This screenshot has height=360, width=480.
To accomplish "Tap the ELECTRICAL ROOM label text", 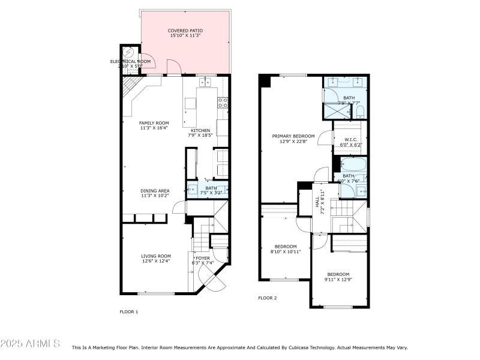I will point(130,61).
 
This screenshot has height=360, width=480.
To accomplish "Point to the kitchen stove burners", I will point(223,103).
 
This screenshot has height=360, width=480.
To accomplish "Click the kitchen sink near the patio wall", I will point(208,83).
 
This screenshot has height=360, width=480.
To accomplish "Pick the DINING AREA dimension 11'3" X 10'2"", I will point(154,196).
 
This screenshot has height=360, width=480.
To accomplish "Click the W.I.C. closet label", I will point(351,139).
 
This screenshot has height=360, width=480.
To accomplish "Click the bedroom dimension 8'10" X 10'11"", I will point(286,251).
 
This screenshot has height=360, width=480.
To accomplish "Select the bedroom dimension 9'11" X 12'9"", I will point(338,279).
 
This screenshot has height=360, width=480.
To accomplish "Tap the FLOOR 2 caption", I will point(268,298).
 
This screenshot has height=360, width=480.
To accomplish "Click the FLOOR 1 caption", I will point(129,311).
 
